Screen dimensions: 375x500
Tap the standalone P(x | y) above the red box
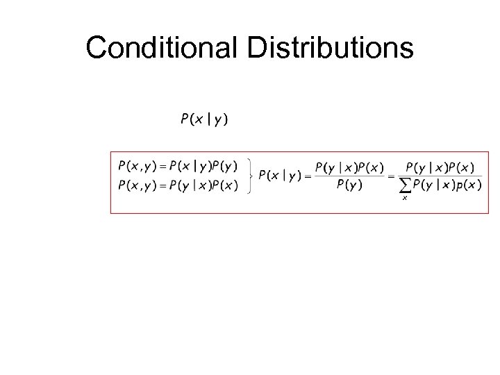coord(204,119)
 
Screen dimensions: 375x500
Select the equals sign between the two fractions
coord(391,176)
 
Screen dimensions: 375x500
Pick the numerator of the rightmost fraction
coord(440,167)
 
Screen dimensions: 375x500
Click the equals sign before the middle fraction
coord(308,176)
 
